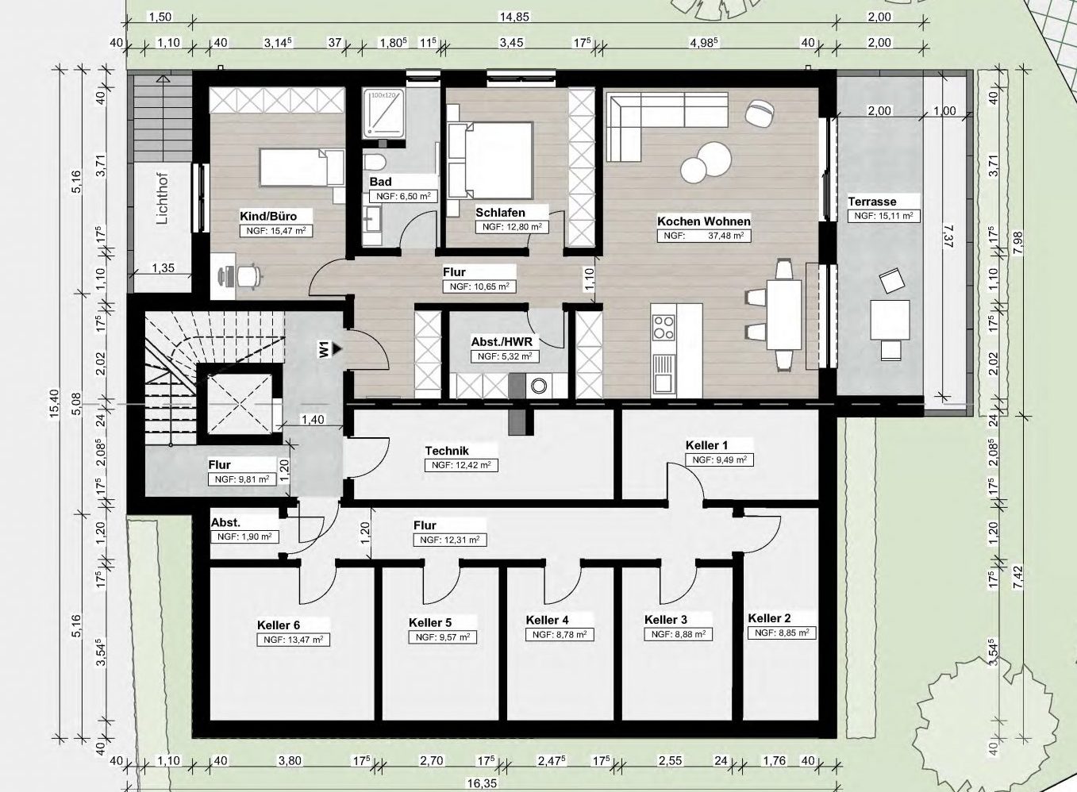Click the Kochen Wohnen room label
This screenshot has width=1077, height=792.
point(704,221)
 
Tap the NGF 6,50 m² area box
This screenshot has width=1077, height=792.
point(403,196)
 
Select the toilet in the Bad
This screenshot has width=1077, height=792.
point(375,161)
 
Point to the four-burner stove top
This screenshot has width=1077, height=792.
point(664,327)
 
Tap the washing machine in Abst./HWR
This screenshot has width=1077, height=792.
point(538,386)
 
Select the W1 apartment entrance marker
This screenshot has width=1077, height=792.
point(329,349)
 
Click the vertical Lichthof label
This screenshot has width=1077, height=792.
point(163,198)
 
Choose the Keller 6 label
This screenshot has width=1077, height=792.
point(279,625)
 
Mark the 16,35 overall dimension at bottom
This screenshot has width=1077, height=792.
point(481,783)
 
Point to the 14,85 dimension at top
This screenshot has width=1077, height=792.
point(514,17)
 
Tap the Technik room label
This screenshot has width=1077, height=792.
point(447,451)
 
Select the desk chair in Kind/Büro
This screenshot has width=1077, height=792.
point(248,276)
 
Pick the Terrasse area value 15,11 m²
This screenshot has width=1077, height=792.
point(883,216)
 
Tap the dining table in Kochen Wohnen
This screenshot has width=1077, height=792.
point(783,315)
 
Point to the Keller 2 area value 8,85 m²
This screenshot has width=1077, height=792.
point(783,632)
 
